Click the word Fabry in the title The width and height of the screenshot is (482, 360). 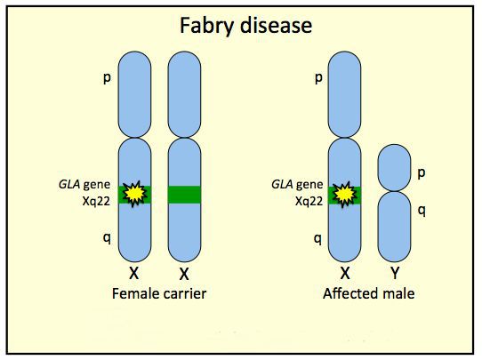(207, 26)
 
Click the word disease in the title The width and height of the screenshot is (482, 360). (276, 25)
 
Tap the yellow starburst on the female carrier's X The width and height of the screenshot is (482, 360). (134, 194)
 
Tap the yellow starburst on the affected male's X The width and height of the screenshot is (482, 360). (345, 194)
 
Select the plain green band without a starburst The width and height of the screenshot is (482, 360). (184, 195)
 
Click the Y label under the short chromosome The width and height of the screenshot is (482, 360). (395, 273)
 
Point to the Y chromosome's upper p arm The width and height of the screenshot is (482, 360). (394, 168)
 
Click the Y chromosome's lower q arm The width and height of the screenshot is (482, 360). (394, 227)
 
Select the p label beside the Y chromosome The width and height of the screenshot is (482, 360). (422, 173)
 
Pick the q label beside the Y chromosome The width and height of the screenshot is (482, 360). (422, 211)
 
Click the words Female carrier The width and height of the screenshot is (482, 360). (159, 293)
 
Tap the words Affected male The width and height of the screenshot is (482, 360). (368, 293)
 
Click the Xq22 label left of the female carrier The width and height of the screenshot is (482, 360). (96, 202)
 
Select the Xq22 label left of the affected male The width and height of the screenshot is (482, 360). (309, 202)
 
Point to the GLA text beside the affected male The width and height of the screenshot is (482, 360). (282, 185)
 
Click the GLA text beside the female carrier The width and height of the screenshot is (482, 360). (68, 185)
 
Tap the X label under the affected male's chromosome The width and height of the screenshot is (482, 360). (345, 273)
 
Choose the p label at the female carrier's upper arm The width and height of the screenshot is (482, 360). (107, 78)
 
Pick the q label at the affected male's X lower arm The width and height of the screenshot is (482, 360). (317, 239)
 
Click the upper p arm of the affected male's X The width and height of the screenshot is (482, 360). (344, 94)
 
